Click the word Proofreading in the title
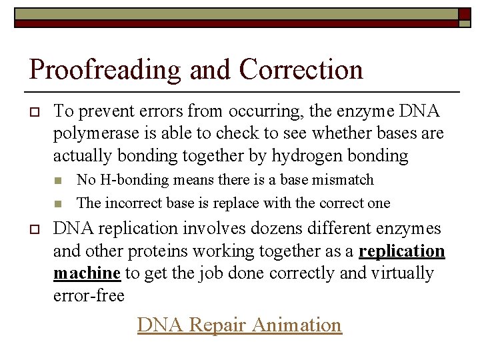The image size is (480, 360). [x=105, y=70]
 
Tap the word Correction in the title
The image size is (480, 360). [x=301, y=69]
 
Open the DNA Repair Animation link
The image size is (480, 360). [x=239, y=325]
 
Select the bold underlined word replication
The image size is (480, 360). [x=402, y=251]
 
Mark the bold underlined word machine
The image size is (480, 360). [x=87, y=273]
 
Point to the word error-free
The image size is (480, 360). [x=89, y=295]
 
